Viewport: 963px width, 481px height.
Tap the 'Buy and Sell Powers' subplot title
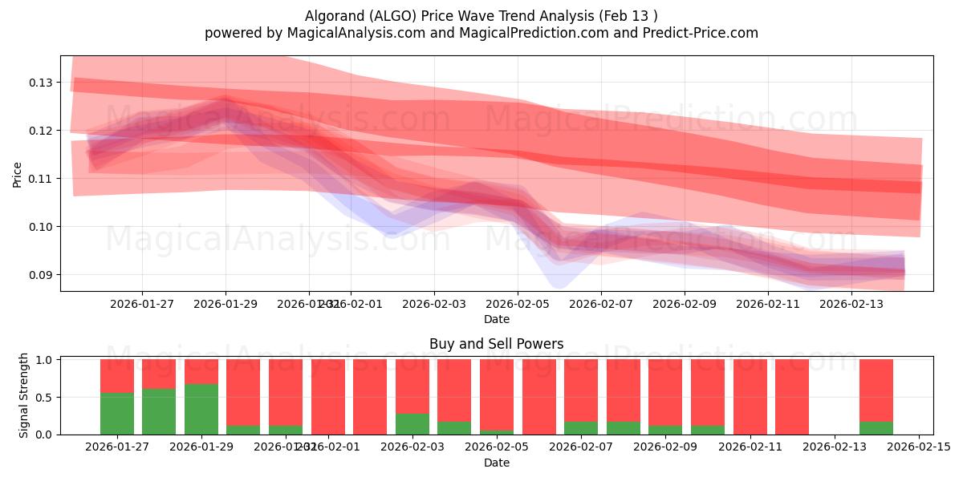pos(496,344)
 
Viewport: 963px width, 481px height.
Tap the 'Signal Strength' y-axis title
pos(24,395)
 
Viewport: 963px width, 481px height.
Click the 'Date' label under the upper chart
pos(496,319)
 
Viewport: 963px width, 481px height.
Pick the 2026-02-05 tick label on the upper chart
pos(517,304)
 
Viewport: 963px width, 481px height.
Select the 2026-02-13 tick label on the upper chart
pos(852,304)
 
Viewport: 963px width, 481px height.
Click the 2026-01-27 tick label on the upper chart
pos(142,304)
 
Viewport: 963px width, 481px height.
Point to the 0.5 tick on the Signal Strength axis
pos(44,397)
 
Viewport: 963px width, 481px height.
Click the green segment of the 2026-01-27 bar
pos(117,414)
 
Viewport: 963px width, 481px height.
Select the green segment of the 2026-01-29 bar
pos(201,409)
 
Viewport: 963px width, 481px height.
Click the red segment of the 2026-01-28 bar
pos(159,374)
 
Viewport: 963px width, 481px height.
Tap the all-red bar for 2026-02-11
pos(750,397)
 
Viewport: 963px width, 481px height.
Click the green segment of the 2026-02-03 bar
pos(412,424)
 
